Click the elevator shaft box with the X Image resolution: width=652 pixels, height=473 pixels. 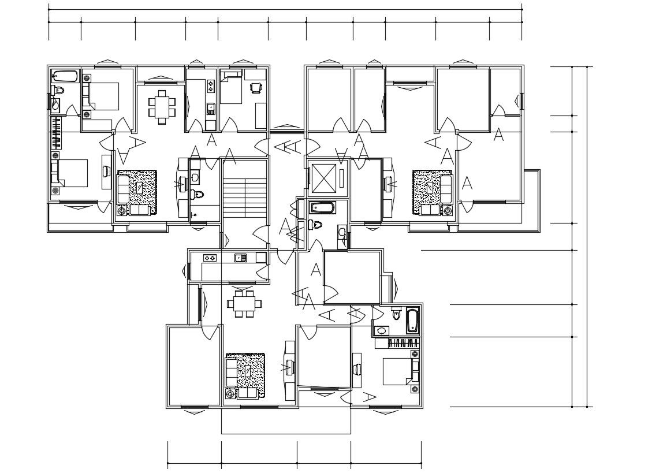323,178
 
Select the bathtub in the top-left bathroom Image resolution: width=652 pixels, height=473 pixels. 65,77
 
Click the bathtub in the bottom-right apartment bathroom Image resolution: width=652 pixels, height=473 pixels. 412,321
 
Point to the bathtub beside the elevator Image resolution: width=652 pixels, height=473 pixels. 323,207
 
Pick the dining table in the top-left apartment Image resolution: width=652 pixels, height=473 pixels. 162,107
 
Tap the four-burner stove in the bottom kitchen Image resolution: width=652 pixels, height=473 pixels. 209,258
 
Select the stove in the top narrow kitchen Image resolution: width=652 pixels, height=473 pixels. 211,87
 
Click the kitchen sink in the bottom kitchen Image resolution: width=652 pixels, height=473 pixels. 241,258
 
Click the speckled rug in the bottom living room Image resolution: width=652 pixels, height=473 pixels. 245,375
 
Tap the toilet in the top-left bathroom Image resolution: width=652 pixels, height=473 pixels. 58,90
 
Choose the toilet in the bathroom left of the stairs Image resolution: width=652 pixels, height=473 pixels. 197,194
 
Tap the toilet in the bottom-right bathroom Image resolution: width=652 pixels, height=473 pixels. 396,313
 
